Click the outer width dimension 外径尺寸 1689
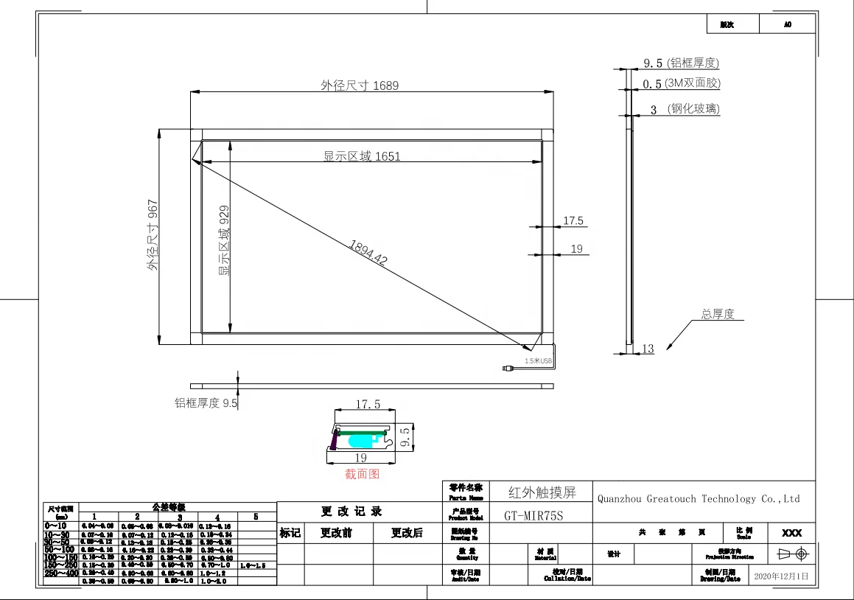pyautogui.click(x=359, y=86)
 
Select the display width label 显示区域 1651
pyautogui.click(x=362, y=156)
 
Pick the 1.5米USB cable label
pyautogui.click(x=538, y=361)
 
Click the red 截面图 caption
pyautogui.click(x=362, y=474)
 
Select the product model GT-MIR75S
pyautogui.click(x=533, y=516)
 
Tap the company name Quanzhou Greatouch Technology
pyautogui.click(x=698, y=499)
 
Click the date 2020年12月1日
pyautogui.click(x=783, y=576)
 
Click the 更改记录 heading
pyautogui.click(x=351, y=511)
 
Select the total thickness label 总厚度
pyautogui.click(x=718, y=314)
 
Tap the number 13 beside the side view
pyautogui.click(x=648, y=349)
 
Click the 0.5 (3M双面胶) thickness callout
pyautogui.click(x=682, y=84)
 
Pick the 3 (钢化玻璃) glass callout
pyautogui.click(x=685, y=109)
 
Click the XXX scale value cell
pyautogui.click(x=791, y=533)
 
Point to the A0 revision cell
pyautogui.click(x=787, y=24)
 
